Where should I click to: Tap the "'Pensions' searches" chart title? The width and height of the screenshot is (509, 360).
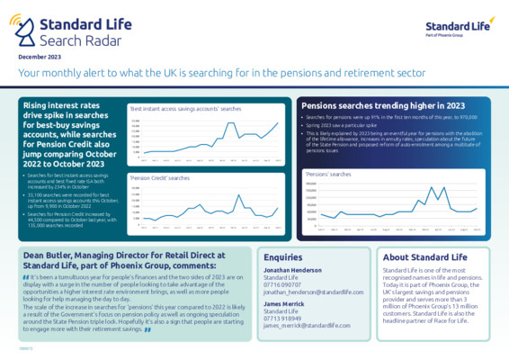pyautogui.click(x=329, y=174)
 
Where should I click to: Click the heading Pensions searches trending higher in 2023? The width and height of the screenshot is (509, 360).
pyautogui.click(x=372, y=105)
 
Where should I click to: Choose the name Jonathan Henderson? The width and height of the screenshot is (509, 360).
pyautogui.click(x=293, y=271)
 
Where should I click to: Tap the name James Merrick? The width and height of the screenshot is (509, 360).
pyautogui.click(x=284, y=304)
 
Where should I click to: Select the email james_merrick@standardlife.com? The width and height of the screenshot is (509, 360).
pyautogui.click(x=306, y=325)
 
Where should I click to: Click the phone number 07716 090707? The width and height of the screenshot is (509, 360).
pyautogui.click(x=283, y=285)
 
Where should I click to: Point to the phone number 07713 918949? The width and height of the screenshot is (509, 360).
pyautogui.click(x=283, y=318)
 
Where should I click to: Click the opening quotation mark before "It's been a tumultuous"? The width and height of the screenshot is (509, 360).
pyautogui.click(x=25, y=276)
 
